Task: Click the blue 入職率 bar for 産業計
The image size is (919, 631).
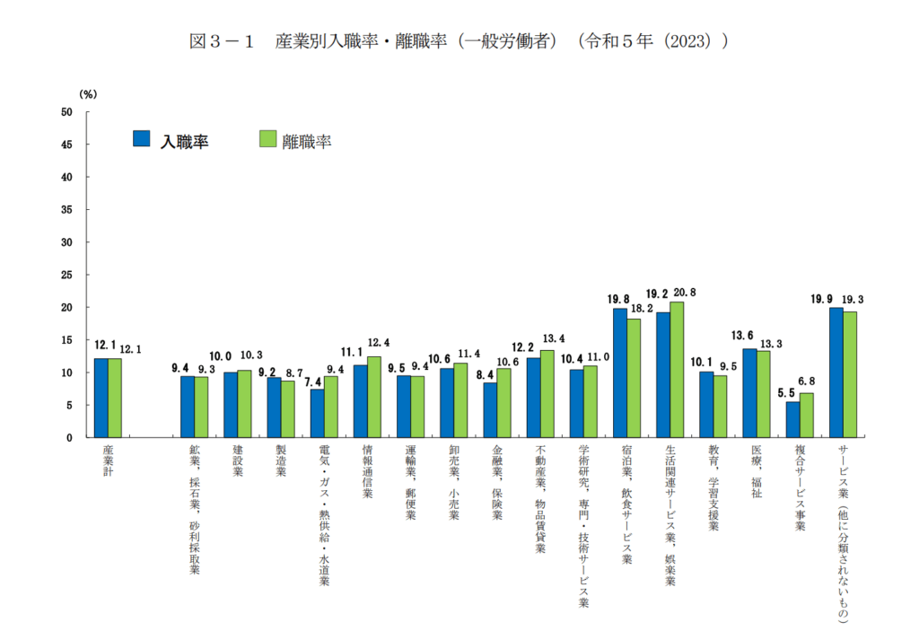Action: (x=101, y=398)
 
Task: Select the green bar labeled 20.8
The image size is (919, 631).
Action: (x=677, y=370)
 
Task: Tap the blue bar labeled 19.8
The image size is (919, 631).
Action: (x=619, y=372)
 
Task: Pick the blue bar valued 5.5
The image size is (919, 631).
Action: (x=792, y=419)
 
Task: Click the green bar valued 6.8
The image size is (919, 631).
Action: (x=806, y=415)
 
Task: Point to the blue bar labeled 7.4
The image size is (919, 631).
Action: (x=317, y=413)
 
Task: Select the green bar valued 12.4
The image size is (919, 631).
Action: (x=374, y=397)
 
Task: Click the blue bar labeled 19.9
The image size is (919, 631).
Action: (x=836, y=372)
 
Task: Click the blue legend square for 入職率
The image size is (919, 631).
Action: (x=141, y=138)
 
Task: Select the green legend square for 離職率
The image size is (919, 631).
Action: (x=267, y=138)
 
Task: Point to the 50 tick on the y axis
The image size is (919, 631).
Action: (x=66, y=112)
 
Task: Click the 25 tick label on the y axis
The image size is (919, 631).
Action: (x=66, y=275)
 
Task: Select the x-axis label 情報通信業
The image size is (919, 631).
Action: (x=367, y=470)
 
